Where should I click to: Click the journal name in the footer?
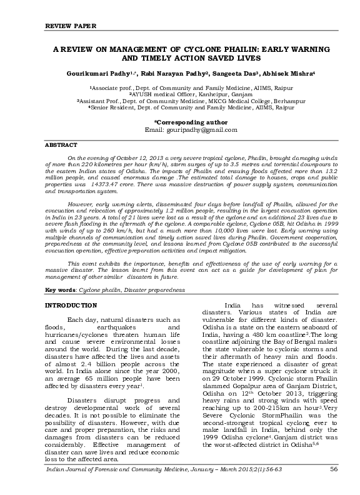(x=119, y=485)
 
